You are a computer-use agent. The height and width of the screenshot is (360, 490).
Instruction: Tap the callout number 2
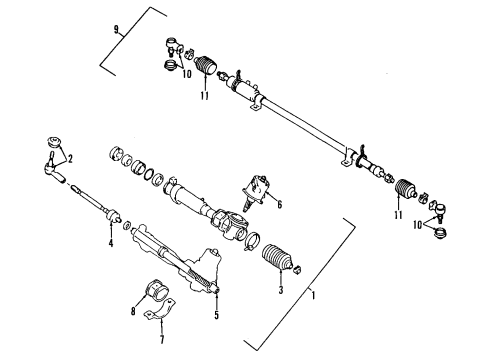click(69, 158)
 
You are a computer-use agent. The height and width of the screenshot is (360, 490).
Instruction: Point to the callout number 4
click(110, 243)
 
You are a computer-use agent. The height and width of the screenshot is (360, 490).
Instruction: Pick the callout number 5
click(216, 317)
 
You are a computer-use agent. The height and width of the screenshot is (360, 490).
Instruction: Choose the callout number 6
click(279, 204)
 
